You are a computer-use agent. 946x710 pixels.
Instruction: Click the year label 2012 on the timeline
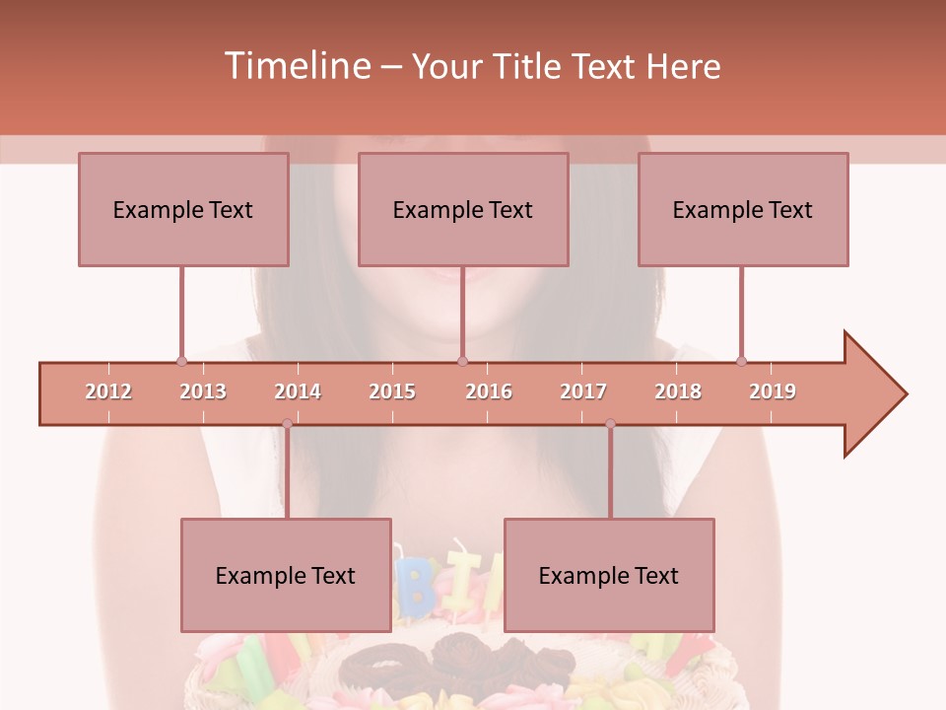point(108,391)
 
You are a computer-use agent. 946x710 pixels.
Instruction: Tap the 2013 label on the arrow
point(203,391)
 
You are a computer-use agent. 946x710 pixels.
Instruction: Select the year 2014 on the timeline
point(298,391)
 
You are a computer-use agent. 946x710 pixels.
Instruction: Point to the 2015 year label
point(392,391)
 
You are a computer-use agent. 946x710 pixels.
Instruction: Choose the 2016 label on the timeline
point(489,391)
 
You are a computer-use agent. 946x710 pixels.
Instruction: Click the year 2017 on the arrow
point(583,391)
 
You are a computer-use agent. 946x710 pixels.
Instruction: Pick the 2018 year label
point(678,391)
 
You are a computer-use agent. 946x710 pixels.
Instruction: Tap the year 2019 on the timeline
point(773,391)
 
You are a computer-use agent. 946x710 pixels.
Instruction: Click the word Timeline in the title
point(296,66)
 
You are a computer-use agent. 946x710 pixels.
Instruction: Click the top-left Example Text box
point(183,209)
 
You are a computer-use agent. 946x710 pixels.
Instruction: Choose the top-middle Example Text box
point(463,209)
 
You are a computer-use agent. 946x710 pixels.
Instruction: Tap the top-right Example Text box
point(743,209)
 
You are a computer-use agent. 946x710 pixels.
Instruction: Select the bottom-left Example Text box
point(286,575)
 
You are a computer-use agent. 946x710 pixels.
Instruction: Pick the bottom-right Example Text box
point(609,575)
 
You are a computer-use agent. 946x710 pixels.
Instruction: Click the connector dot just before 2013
point(181,361)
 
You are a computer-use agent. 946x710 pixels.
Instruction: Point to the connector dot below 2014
point(287,424)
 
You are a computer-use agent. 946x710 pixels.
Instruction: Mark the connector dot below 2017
point(610,424)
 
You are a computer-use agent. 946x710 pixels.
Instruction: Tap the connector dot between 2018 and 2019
point(742,361)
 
